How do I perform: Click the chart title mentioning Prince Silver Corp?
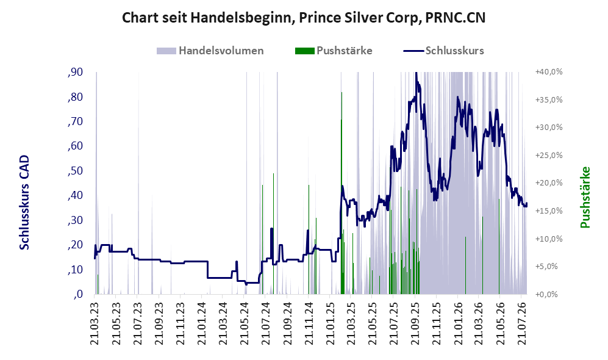[304, 18]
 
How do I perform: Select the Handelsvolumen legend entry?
[210, 51]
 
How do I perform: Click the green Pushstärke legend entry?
[334, 51]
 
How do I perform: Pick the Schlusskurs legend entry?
[443, 51]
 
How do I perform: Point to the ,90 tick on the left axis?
[75, 72]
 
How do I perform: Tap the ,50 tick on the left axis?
[75, 171]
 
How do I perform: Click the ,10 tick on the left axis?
[75, 269]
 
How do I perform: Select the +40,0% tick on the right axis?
[549, 72]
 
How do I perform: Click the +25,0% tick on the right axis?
[549, 155]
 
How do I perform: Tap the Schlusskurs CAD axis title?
[24, 203]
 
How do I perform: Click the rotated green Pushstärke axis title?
[585, 198]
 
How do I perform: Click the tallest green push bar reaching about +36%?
[342, 193]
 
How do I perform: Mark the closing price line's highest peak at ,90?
[416, 73]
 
